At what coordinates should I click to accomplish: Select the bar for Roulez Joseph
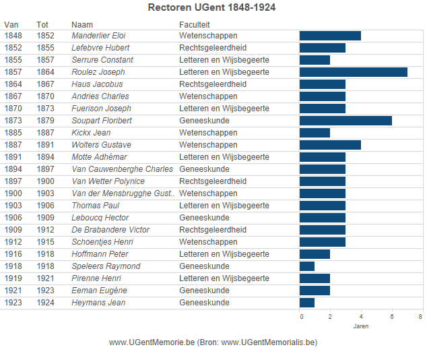point(353,72)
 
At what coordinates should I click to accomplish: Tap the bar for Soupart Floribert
point(346,121)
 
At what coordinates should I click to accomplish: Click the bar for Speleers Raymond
point(307,266)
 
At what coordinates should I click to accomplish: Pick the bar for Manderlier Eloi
point(330,36)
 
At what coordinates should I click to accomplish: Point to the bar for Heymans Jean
point(307,303)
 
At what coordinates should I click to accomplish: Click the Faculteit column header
point(194,24)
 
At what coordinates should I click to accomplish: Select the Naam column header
point(82,24)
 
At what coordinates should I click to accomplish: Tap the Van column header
point(11,24)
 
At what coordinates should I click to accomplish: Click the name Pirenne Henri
point(96,278)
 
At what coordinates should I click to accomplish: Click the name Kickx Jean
point(91,133)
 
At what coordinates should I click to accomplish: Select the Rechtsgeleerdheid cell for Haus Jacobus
point(213,84)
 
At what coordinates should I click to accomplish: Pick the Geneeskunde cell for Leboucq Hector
point(204,218)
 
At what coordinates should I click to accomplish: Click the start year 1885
point(13,133)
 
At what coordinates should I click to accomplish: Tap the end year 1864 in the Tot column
point(46,72)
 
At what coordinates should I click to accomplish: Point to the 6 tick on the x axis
point(391,317)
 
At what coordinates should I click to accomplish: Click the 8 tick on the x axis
point(420,317)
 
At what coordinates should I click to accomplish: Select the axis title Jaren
point(360,327)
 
